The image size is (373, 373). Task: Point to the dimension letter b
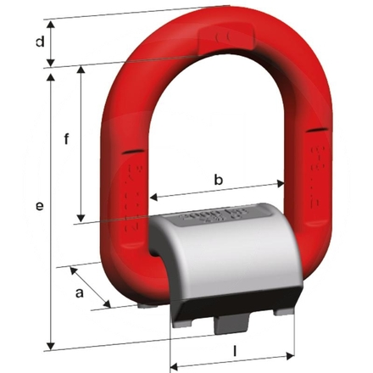coord(218,179)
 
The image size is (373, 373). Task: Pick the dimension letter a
coord(80,292)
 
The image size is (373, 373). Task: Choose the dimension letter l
coord(234,349)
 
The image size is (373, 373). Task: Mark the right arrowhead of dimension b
coord(281,184)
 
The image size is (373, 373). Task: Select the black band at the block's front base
coord(237,298)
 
